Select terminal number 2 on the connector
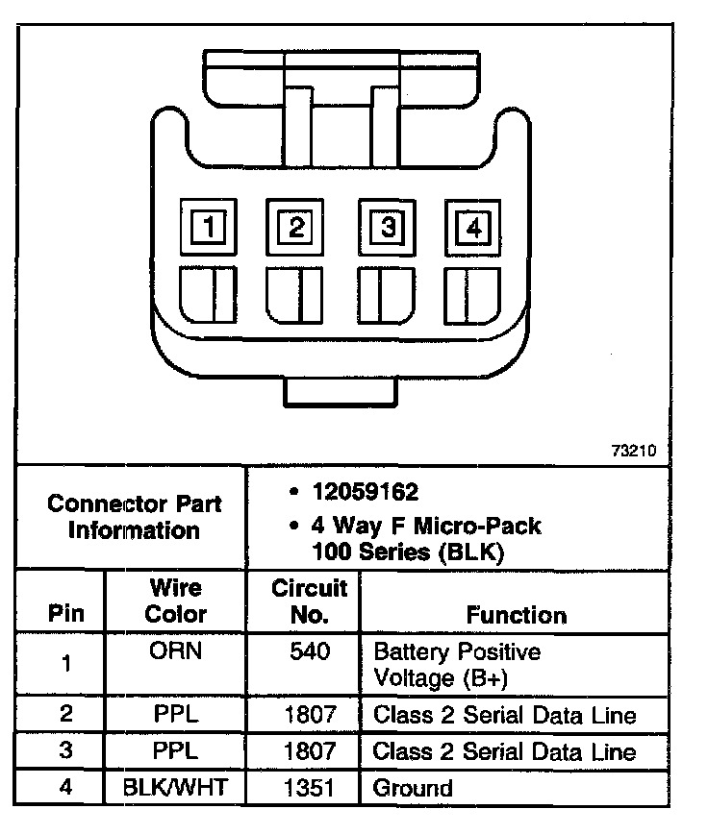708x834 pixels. pyautogui.click(x=295, y=228)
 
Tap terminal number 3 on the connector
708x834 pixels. pyautogui.click(x=388, y=228)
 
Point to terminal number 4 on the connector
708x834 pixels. pyautogui.click(x=472, y=228)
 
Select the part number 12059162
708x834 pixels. pyautogui.click(x=365, y=493)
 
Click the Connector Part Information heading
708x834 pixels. pyautogui.click(x=134, y=516)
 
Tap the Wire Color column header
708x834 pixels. pyautogui.click(x=175, y=601)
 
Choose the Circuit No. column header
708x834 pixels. pyautogui.click(x=308, y=601)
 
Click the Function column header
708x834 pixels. pyautogui.click(x=517, y=615)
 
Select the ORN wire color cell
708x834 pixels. pyautogui.click(x=175, y=651)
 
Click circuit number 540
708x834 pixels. pyautogui.click(x=309, y=651)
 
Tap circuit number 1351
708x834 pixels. pyautogui.click(x=309, y=789)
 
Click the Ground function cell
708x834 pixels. pyautogui.click(x=413, y=789)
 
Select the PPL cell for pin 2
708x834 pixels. pyautogui.click(x=175, y=715)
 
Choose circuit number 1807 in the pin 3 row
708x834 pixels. pyautogui.click(x=309, y=751)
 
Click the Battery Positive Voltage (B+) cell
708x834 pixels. pyautogui.click(x=456, y=664)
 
